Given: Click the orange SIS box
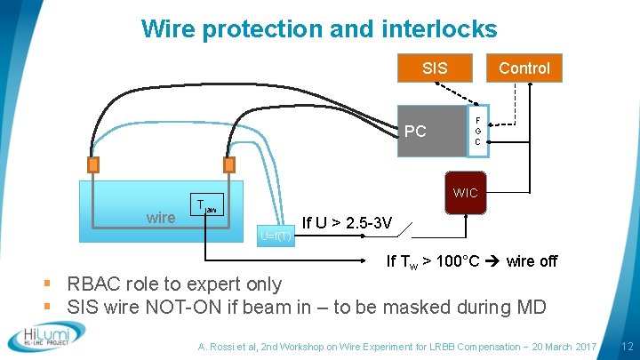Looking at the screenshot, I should tap(435, 68).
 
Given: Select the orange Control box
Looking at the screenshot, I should tap(524, 68).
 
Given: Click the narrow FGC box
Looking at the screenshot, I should tap(477, 131).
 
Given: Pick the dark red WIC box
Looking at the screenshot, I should tap(465, 193).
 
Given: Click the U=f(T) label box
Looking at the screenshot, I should tap(276, 236).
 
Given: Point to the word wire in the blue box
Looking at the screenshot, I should tap(161, 218).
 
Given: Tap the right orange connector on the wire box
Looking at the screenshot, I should tap(228, 165).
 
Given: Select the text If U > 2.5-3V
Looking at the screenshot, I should tap(348, 222).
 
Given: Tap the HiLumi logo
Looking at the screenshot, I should tap(46, 338).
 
